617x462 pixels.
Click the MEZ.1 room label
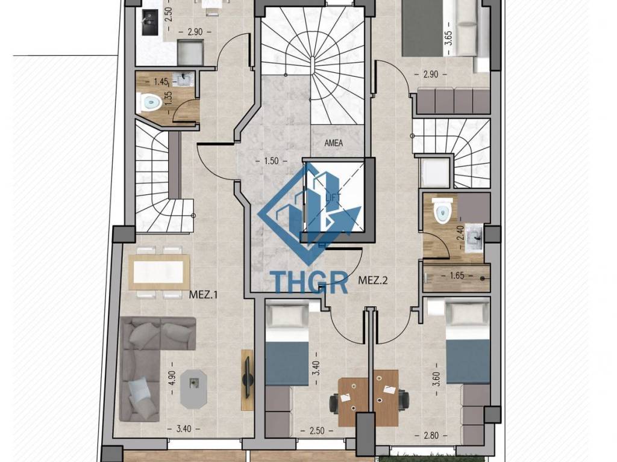(x=203, y=295)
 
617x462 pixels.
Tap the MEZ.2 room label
(x=373, y=280)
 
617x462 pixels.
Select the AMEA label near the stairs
(x=333, y=143)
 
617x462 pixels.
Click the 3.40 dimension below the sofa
(x=184, y=429)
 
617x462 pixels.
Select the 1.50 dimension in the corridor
(x=272, y=161)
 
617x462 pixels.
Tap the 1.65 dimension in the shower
(x=457, y=276)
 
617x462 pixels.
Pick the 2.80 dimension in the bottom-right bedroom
(x=431, y=436)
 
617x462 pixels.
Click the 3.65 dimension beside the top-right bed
(x=448, y=38)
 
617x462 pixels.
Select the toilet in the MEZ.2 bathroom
(x=442, y=210)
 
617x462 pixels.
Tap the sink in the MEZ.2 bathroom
(x=475, y=238)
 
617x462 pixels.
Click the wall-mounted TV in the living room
(x=247, y=380)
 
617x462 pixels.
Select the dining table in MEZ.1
(x=159, y=272)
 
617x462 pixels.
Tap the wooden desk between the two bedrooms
(x=368, y=398)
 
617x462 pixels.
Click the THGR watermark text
(x=310, y=283)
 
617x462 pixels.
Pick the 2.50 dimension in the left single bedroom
(x=317, y=431)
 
